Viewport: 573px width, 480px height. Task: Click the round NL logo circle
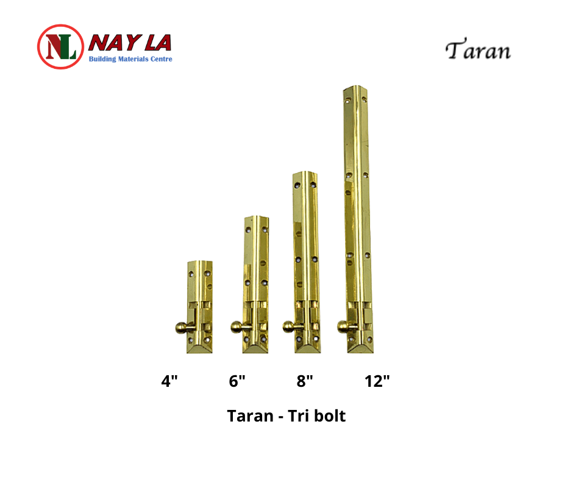[x=60, y=47]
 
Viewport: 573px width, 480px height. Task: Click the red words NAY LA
[x=130, y=43]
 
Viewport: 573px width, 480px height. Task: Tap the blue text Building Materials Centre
[x=130, y=59]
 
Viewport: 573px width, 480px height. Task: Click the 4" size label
[x=169, y=381]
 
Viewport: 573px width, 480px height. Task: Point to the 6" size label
[x=237, y=381]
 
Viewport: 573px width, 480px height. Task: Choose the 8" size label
[x=304, y=381]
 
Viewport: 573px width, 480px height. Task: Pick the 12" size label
[x=377, y=381]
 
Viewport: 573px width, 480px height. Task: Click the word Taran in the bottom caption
[x=251, y=416]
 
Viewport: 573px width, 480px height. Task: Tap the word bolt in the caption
[x=330, y=416]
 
